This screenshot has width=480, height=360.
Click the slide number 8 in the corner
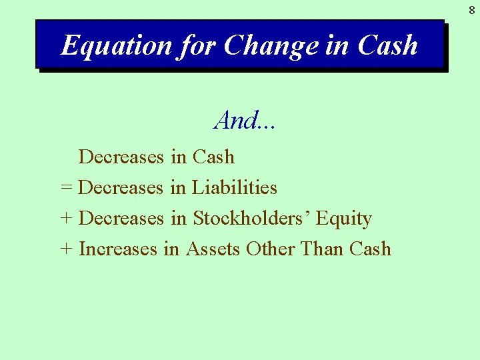[471, 10]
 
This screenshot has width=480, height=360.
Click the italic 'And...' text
[245, 121]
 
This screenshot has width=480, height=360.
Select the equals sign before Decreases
[66, 188]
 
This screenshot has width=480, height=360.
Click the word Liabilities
[235, 188]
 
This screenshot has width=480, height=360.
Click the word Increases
[118, 249]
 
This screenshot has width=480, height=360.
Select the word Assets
[213, 249]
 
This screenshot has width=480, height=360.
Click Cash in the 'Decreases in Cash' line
[213, 157]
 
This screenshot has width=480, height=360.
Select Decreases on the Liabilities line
[121, 188]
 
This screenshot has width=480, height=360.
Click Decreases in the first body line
[121, 157]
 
